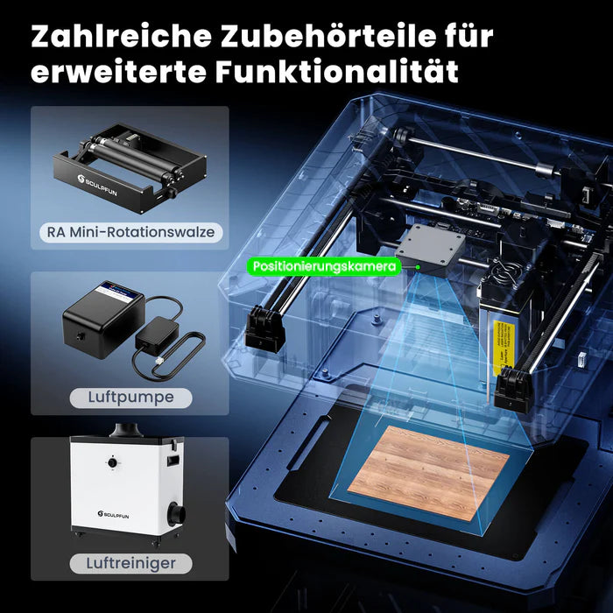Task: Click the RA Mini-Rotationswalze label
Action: pos(130,233)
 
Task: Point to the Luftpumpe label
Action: pos(130,398)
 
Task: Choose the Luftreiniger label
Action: pos(130,563)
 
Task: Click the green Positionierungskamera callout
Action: pos(323,265)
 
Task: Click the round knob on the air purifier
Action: pos(112,461)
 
